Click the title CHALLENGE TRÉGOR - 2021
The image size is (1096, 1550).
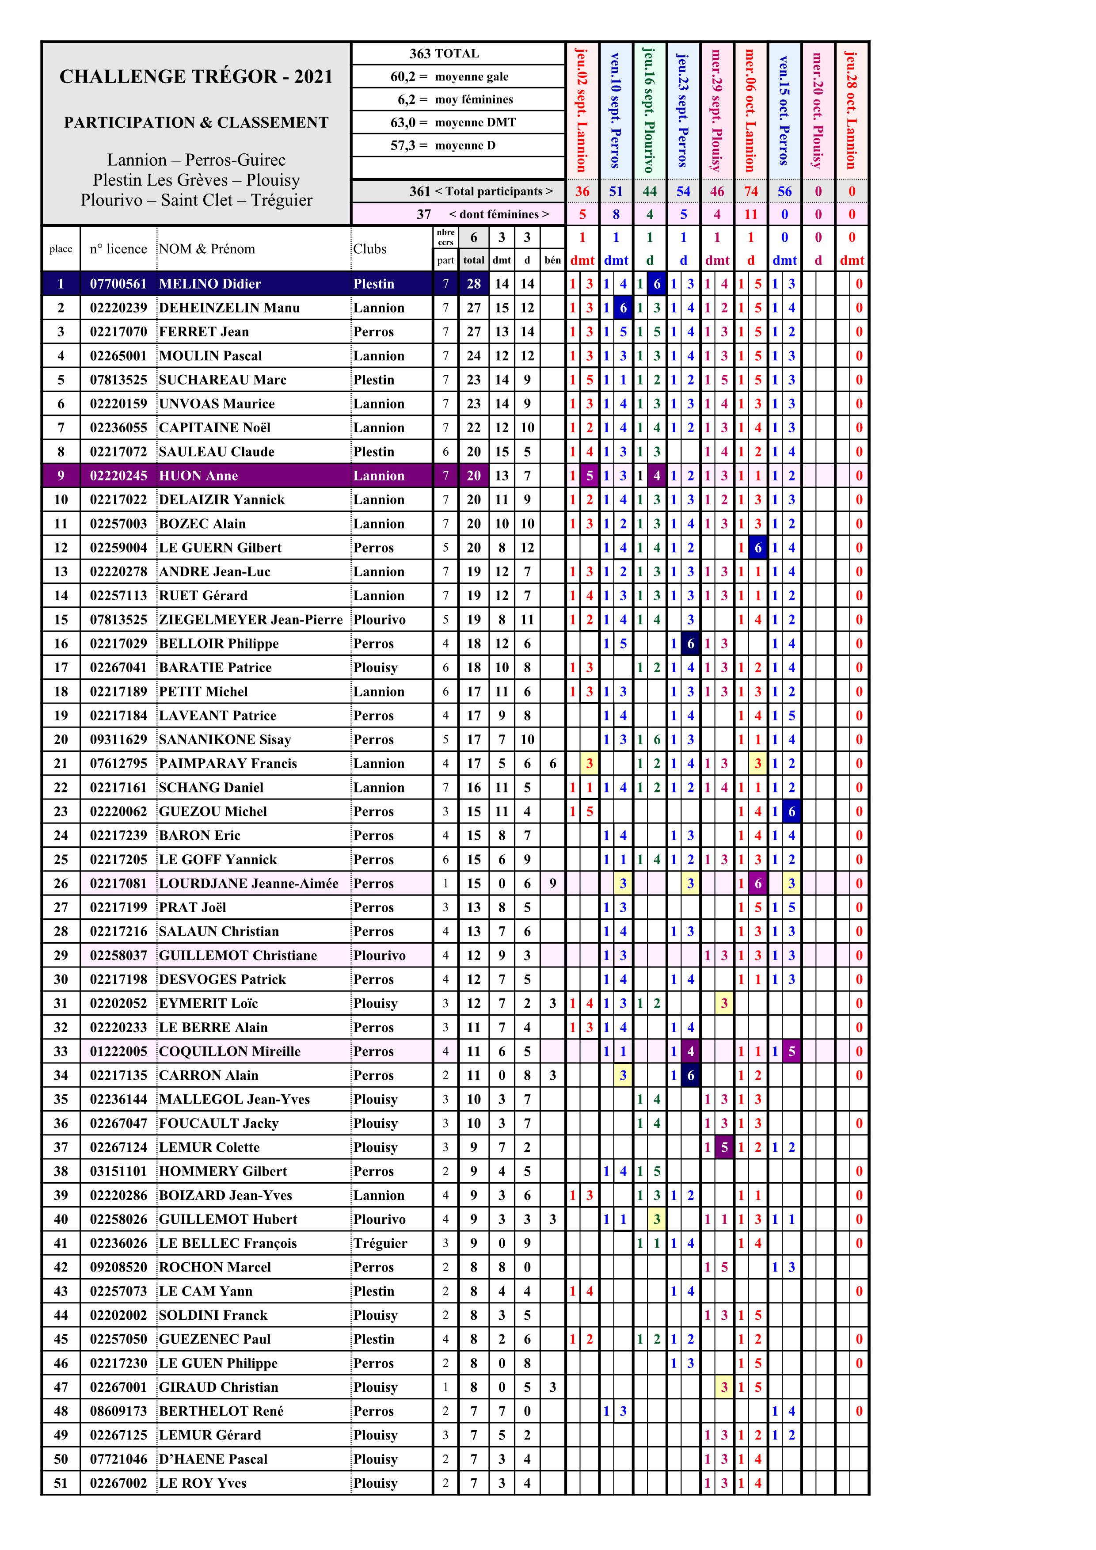coord(196,76)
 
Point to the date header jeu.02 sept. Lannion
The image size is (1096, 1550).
coord(582,109)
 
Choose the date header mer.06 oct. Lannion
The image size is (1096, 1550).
coord(750,109)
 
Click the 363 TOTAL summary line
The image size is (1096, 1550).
coord(444,53)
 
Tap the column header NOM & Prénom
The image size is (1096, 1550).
coord(206,248)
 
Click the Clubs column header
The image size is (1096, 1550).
coord(370,248)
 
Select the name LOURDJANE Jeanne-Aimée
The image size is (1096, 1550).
coord(248,883)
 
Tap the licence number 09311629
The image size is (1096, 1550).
coord(118,739)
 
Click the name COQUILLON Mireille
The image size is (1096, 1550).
coord(229,1051)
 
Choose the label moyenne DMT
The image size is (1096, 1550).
coord(475,122)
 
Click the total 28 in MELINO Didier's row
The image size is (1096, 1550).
coord(474,284)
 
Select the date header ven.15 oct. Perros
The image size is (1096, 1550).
coord(784,109)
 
